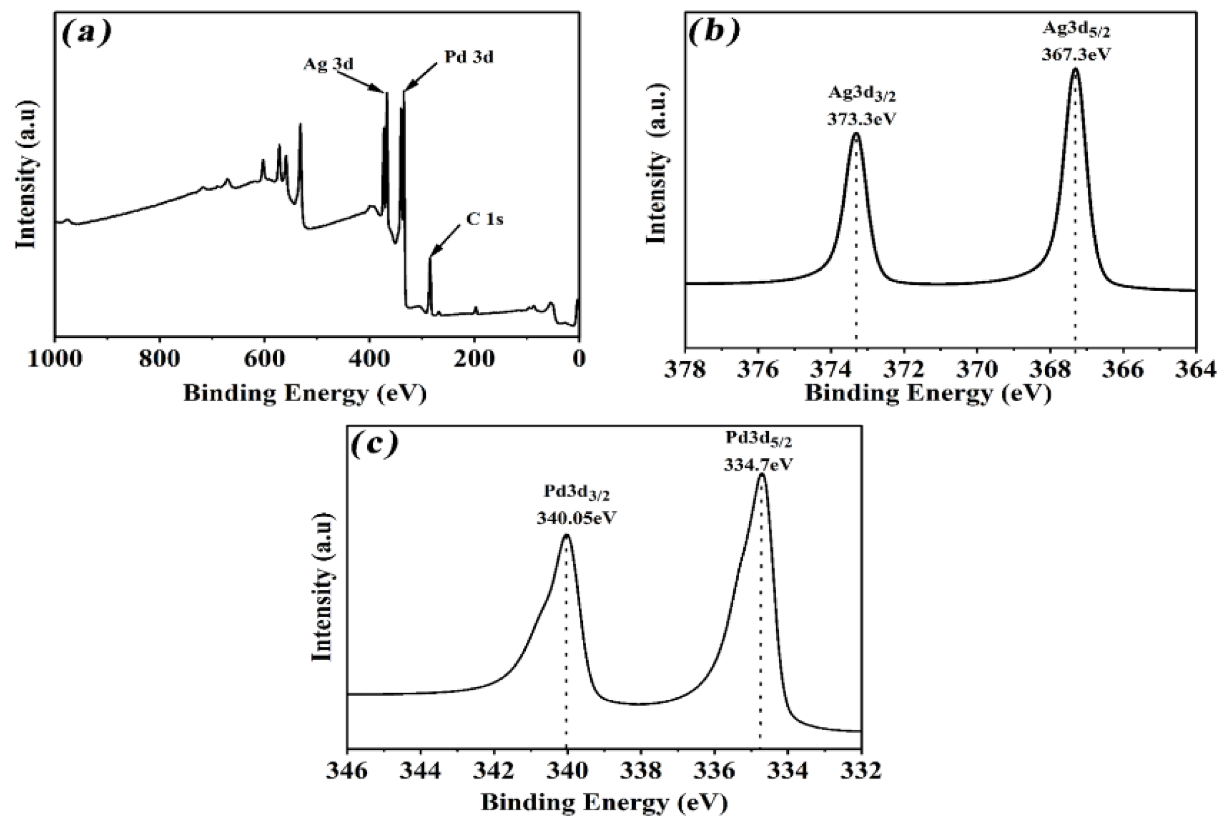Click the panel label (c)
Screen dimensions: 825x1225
[x=374, y=445]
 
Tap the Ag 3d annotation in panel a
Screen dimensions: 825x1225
[x=328, y=64]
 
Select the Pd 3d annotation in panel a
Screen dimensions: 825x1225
[x=469, y=56]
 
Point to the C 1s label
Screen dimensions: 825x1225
[x=484, y=218]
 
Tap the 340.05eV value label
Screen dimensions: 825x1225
[x=577, y=518]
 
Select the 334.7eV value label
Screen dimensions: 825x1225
[x=758, y=465]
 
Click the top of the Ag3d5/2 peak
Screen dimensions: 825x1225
[x=1075, y=69]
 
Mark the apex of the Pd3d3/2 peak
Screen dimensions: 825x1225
[x=567, y=535]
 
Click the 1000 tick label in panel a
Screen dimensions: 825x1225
[x=54, y=359]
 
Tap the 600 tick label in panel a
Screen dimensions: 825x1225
[x=264, y=359]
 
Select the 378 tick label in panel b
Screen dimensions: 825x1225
[x=685, y=370]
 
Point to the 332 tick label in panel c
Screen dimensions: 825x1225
[x=861, y=772]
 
